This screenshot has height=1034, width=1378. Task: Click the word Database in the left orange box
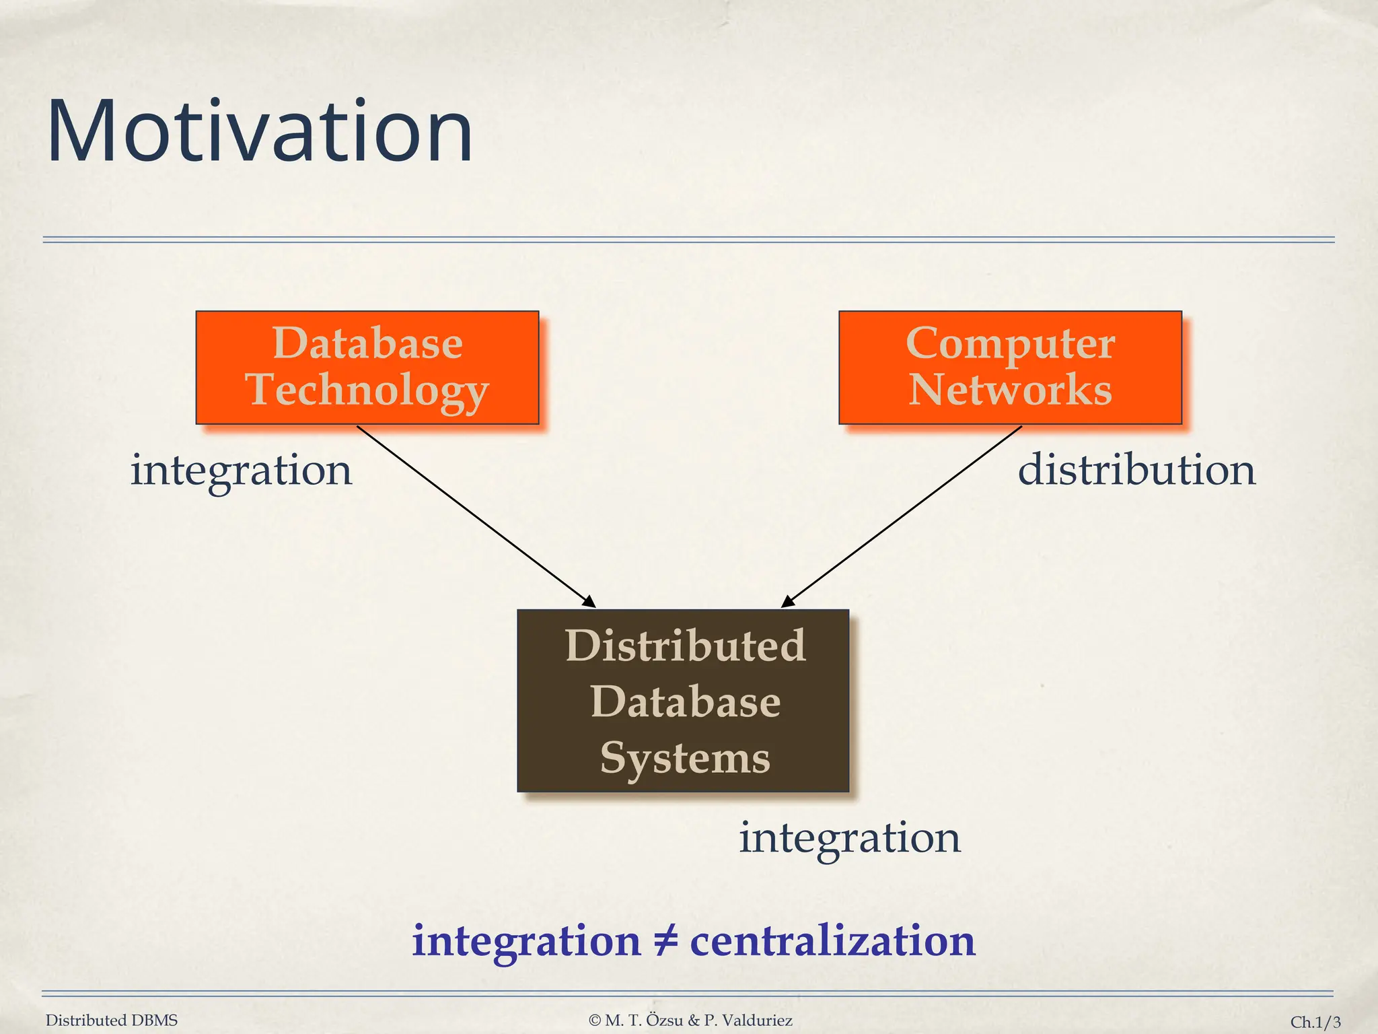point(367,343)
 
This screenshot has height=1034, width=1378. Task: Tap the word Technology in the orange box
point(367,390)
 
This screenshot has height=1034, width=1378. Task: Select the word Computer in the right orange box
point(1010,343)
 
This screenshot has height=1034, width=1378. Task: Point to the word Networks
point(1010,390)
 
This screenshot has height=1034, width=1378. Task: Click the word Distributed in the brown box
point(685,646)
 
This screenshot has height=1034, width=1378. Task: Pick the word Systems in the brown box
point(685,758)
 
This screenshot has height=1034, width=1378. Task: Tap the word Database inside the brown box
point(685,701)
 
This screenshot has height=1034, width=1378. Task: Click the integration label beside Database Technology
point(241,470)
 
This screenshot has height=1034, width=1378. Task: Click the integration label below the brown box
point(850,838)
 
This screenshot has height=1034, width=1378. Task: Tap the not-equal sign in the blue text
point(665,940)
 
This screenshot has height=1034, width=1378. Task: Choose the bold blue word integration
point(526,942)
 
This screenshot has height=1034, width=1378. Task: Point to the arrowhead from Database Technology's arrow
point(589,602)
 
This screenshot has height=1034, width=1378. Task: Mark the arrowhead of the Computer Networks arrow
point(787,602)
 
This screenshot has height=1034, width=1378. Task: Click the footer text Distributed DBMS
point(112,1021)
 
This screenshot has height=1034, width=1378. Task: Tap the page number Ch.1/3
point(1315,1022)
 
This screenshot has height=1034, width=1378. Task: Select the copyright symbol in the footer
point(594,1021)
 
